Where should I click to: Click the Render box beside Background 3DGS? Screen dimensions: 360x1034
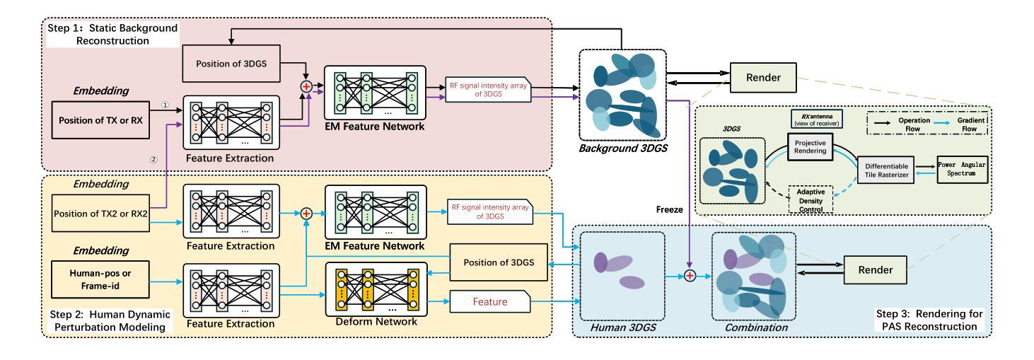pyautogui.click(x=767, y=77)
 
